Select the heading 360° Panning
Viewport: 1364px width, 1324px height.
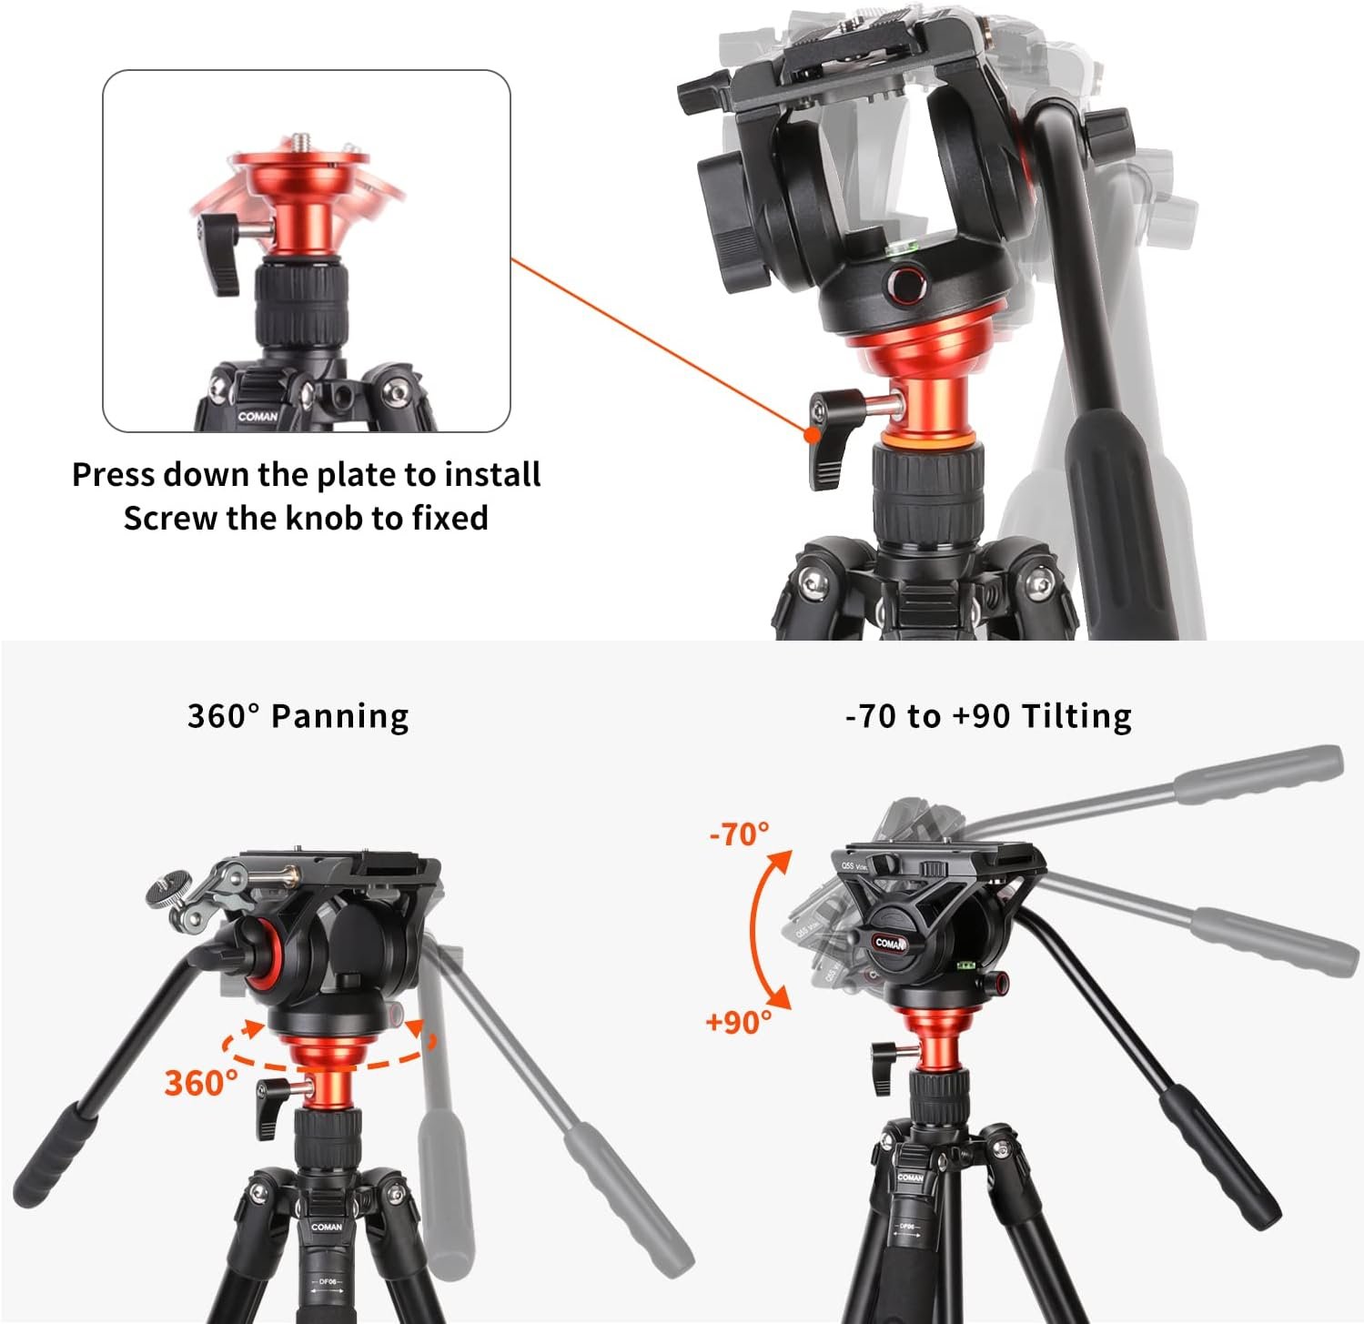tap(298, 716)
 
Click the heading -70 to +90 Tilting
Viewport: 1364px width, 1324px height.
tap(988, 716)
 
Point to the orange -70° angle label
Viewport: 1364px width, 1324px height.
tap(739, 833)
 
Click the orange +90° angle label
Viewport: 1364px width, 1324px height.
tap(738, 1022)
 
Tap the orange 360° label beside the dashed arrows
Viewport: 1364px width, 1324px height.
tap(200, 1083)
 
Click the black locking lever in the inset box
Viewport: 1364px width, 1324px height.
tap(217, 253)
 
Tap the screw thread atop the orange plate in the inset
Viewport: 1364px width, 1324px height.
tap(301, 142)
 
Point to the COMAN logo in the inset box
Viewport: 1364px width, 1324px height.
tap(258, 417)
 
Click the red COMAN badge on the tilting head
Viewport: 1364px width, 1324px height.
tap(891, 943)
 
